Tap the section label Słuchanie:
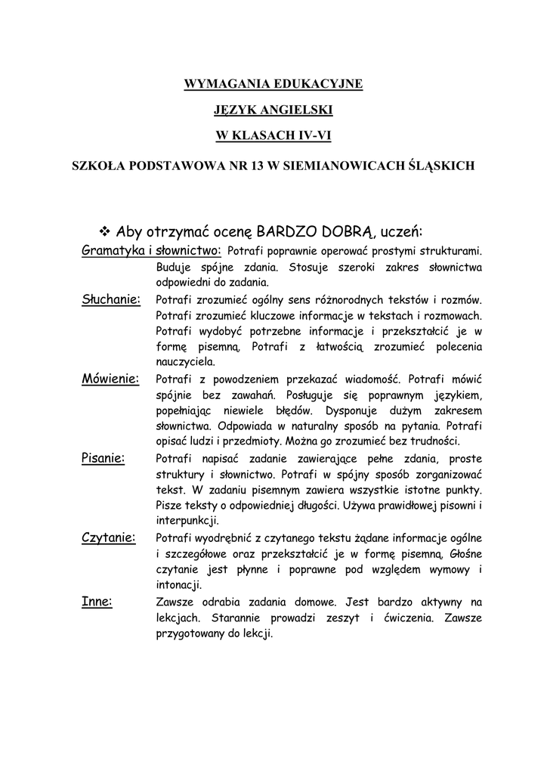(x=111, y=299)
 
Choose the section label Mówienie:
(x=110, y=379)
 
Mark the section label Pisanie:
(x=103, y=458)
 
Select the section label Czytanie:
(x=108, y=537)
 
